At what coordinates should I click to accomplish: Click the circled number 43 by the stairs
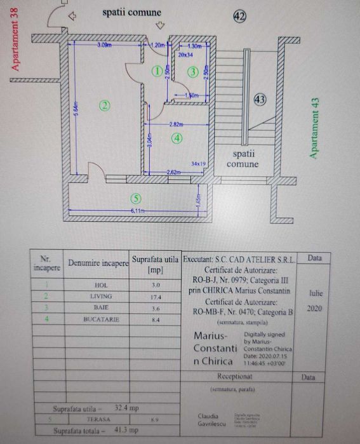[x=259, y=100]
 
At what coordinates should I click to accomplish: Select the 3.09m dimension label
[x=105, y=46]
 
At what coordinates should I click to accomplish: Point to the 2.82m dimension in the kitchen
[x=177, y=124]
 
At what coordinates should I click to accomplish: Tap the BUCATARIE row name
[x=101, y=320]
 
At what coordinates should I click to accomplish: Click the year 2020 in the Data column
[x=315, y=308]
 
